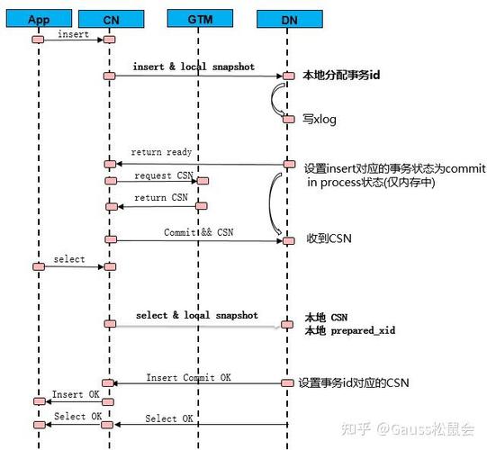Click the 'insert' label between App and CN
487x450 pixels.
coord(72,34)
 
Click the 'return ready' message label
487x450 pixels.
coord(161,152)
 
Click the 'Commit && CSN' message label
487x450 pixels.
coord(199,231)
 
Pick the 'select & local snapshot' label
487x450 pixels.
coord(196,316)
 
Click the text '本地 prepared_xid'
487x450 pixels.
coord(349,331)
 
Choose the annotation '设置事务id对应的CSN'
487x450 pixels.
coord(353,382)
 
